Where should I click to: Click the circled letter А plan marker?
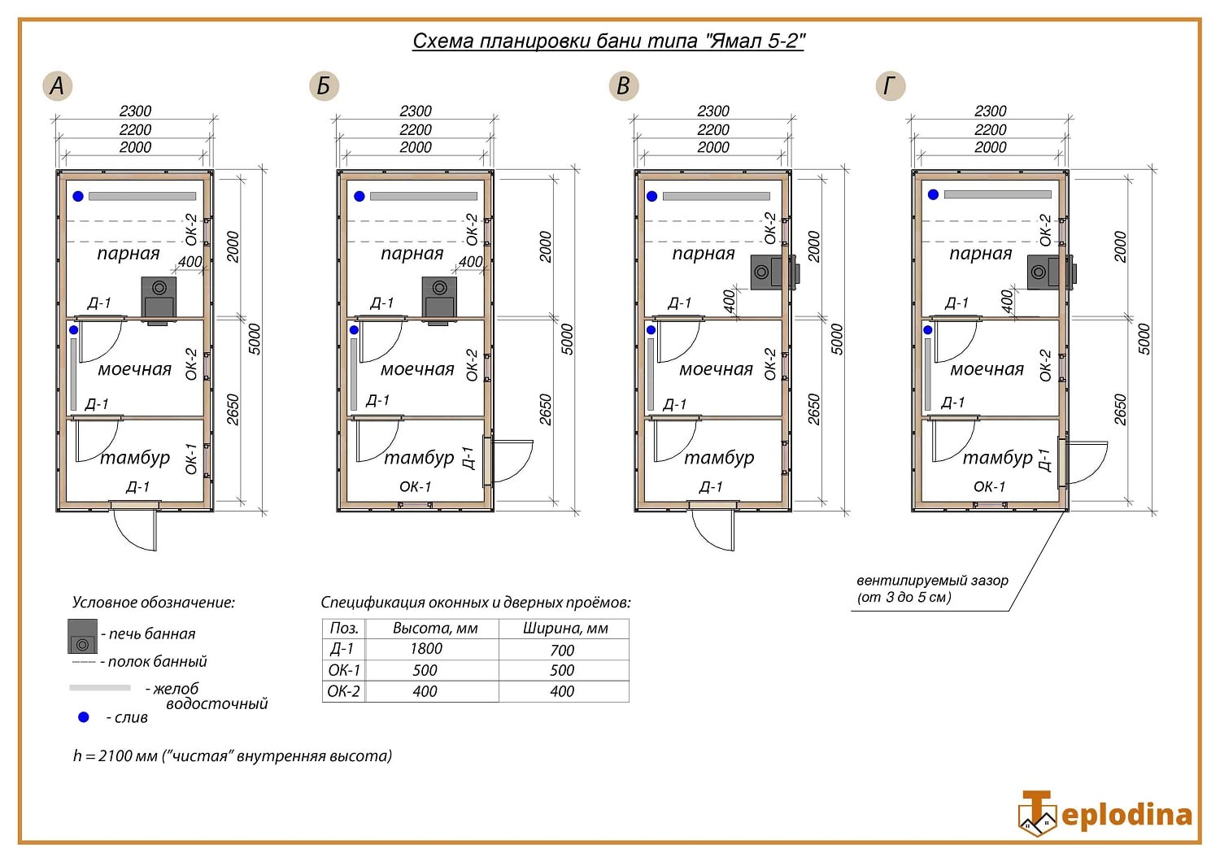click(57, 85)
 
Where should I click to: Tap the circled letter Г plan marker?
click(891, 85)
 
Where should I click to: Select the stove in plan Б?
click(439, 298)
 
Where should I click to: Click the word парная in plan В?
click(704, 254)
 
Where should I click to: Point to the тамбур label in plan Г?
click(997, 457)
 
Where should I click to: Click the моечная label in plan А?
click(134, 370)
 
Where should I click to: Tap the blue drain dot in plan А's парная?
click(78, 196)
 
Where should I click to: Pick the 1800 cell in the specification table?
click(426, 649)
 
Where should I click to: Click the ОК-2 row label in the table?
click(343, 691)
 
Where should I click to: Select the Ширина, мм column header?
click(565, 629)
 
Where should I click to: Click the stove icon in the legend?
click(82, 636)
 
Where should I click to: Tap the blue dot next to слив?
click(83, 717)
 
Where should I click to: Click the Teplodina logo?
click(1105, 813)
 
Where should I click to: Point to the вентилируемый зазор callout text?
click(932, 589)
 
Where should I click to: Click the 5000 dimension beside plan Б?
click(567, 339)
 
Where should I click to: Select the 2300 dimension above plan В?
click(713, 111)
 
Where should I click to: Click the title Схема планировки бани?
click(555, 41)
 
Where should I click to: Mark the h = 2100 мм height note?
click(233, 755)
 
